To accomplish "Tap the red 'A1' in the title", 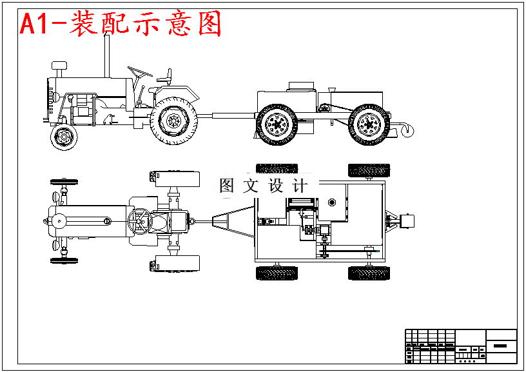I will [x=34, y=24].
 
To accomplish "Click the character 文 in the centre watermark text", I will [x=250, y=186].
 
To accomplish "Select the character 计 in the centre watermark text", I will [x=299, y=186].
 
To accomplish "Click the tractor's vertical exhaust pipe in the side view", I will [x=106, y=54].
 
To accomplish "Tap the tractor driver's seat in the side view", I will [x=165, y=77].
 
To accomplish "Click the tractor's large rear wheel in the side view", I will [x=173, y=120].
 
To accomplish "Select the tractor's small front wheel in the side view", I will [x=63, y=137].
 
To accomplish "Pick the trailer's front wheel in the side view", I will [x=277, y=124].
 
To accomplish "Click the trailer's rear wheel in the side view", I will [x=369, y=124].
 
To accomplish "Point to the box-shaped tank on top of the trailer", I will [x=300, y=86].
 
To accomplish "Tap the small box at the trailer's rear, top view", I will [x=407, y=221].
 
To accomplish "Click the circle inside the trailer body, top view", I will [x=332, y=202].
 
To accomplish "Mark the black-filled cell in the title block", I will [x=501, y=346].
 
